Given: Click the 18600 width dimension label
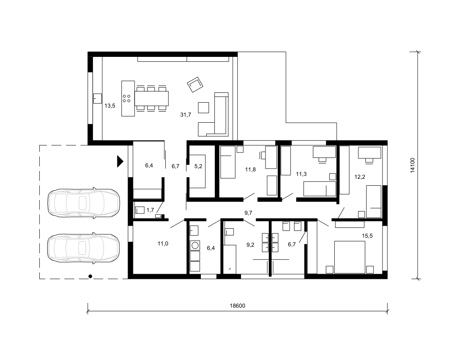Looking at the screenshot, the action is point(237,306).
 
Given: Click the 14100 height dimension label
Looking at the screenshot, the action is point(412,165).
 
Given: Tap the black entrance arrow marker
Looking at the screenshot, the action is point(120,161).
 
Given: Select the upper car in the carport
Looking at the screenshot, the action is point(83,202).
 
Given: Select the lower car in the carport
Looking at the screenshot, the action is point(83,248).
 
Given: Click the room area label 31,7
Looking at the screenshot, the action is point(186,115).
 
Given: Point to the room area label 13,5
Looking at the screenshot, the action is point(110,106).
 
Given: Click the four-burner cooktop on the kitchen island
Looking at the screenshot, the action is point(126,99).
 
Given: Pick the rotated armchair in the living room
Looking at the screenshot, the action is point(195,85).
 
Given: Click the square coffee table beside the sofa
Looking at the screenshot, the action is point(203,108).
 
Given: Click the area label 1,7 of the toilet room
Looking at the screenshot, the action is point(150,210).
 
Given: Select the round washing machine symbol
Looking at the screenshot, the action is point(195,245).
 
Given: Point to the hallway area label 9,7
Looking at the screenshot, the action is point(248,213).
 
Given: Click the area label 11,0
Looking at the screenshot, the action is point(163,244).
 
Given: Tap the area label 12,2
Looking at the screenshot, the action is point(360,177).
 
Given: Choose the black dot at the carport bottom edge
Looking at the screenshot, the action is point(90,277).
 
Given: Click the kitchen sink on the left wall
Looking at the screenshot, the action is point(98,99).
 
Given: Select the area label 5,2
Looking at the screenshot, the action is point(198,166).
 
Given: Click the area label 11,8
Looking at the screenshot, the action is point(250,170).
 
